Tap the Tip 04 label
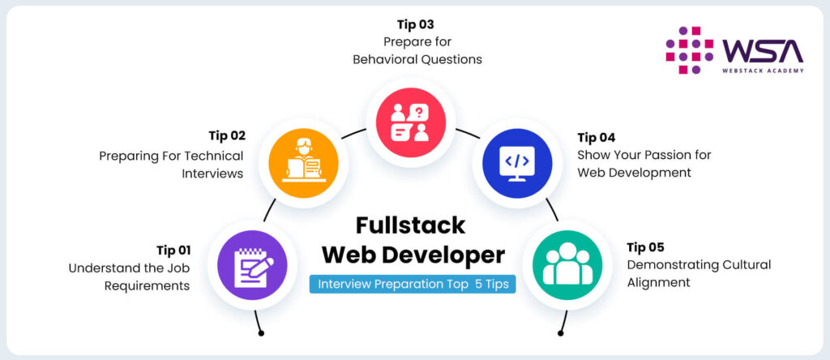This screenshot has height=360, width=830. point(597,137)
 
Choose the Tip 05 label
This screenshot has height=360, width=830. point(646,247)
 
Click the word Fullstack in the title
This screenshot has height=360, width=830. point(412,225)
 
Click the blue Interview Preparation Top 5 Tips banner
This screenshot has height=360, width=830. point(413,285)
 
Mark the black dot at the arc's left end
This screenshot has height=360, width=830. point(260,332)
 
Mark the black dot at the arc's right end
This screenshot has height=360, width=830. point(561,332)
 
